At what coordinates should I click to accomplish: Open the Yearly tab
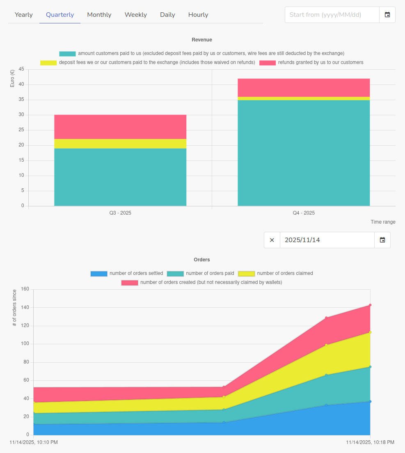(x=24, y=15)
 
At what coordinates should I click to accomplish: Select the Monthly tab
(x=99, y=15)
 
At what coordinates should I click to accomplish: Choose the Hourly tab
(x=198, y=15)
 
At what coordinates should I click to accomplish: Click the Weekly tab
(x=136, y=15)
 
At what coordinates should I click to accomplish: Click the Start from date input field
(x=332, y=15)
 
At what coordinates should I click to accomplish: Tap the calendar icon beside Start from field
(x=387, y=15)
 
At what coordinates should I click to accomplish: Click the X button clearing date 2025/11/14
(x=272, y=240)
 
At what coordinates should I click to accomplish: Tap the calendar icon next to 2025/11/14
(x=382, y=240)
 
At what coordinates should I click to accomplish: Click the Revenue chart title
(x=202, y=40)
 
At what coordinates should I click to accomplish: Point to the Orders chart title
(x=202, y=260)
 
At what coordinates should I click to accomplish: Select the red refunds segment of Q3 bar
(x=120, y=127)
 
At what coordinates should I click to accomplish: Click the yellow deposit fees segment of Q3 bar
(x=120, y=144)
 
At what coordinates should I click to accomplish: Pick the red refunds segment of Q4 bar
(x=304, y=87)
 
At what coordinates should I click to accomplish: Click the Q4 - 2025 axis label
(x=304, y=213)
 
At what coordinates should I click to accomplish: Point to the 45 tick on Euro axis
(x=21, y=69)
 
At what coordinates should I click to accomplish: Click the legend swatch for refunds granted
(x=268, y=63)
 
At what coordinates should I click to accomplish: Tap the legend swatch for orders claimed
(x=247, y=274)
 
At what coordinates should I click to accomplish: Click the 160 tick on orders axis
(x=25, y=289)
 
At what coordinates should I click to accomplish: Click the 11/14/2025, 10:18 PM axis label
(x=370, y=442)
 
